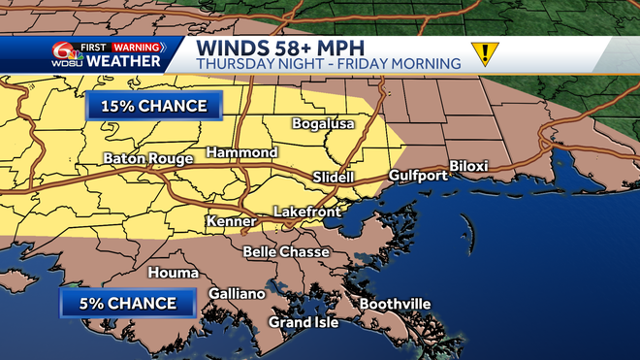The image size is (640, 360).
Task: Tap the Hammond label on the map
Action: pyautogui.click(x=241, y=153)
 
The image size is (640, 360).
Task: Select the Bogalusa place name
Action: pyautogui.click(x=324, y=124)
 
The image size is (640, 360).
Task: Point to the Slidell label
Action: pyautogui.click(x=335, y=178)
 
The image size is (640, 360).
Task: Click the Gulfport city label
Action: pyautogui.click(x=418, y=176)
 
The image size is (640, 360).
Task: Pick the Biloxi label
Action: pyautogui.click(x=468, y=166)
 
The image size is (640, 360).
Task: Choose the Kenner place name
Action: pyautogui.click(x=231, y=222)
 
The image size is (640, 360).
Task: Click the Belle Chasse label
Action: pyautogui.click(x=286, y=252)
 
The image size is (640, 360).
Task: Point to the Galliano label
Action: pyautogui.click(x=237, y=294)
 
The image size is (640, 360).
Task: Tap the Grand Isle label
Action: pyautogui.click(x=304, y=322)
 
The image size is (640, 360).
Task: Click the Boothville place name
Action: pyautogui.click(x=395, y=304)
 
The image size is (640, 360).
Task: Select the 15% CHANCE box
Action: pyautogui.click(x=153, y=105)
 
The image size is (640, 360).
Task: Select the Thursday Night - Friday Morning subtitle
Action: pyautogui.click(x=328, y=64)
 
